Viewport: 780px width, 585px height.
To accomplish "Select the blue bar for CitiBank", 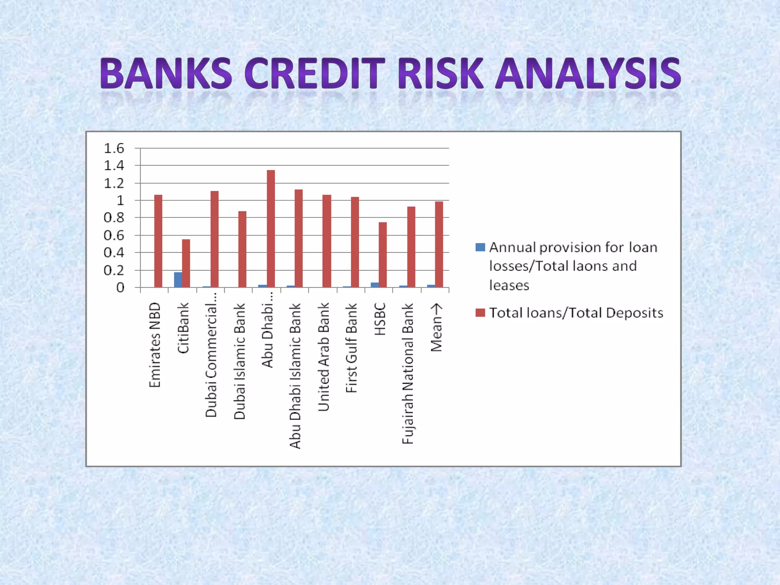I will pos(178,280).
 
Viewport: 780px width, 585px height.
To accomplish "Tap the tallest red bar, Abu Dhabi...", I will pos(271,229).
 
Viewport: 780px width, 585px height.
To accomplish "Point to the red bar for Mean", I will pos(439,244).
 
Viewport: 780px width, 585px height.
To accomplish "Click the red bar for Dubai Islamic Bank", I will pos(243,249).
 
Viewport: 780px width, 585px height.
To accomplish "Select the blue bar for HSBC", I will pos(375,285).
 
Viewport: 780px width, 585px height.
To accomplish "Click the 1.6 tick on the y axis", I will pos(114,148).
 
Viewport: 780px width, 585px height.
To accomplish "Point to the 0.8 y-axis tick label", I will pos(114,218).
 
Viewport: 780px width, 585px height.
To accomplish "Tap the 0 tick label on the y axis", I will pos(120,288).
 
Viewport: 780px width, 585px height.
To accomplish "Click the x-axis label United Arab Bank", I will pos(323,357).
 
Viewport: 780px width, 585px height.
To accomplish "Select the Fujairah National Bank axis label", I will pos(408,374).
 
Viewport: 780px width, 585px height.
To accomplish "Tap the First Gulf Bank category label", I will pos(352,348).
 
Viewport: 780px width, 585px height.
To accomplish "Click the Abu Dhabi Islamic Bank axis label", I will pos(296,376).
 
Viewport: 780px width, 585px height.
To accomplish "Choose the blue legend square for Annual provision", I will pos(480,247).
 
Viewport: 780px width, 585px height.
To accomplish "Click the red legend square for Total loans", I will pos(480,313).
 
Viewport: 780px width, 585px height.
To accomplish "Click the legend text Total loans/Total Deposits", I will pos(576,313).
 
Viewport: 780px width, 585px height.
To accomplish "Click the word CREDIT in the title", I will pos(313,73).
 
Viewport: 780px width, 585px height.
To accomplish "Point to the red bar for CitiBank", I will pos(186,263).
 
